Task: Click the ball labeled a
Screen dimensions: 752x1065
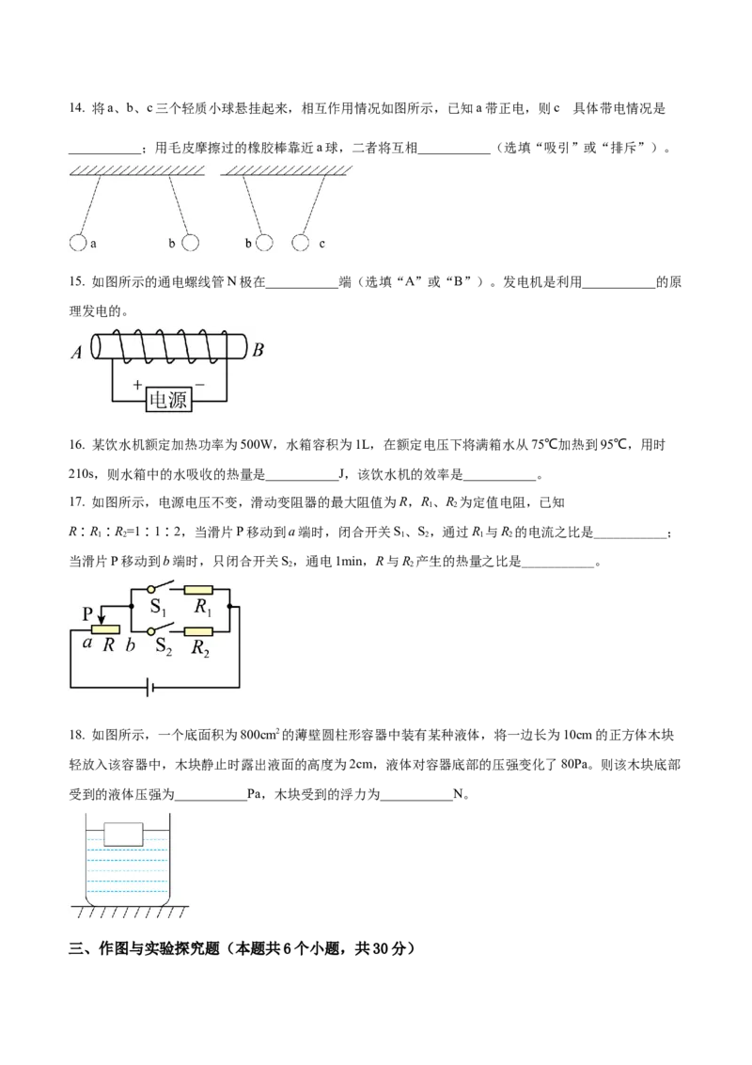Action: pos(77,243)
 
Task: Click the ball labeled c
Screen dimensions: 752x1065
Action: pos(300,243)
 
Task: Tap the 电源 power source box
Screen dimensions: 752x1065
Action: pos(168,399)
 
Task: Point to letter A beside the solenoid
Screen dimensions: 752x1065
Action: pos(77,353)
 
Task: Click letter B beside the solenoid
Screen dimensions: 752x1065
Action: pos(258,351)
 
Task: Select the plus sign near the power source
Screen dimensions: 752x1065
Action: pos(137,385)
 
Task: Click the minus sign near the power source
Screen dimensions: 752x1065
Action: pos(199,385)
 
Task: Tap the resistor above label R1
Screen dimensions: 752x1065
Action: pos(198,590)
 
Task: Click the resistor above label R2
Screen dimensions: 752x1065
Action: pos(198,631)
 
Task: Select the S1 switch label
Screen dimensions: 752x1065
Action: pos(158,608)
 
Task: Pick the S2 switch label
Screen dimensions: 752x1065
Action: pos(164,646)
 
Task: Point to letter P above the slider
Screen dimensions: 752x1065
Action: pos(87,614)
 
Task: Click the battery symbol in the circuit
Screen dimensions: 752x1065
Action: pos(150,688)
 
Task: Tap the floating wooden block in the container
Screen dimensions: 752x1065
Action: pos(123,835)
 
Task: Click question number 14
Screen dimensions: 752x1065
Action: pos(77,109)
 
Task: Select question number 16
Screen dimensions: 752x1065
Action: pos(77,446)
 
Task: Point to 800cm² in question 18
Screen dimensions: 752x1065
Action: pos(260,734)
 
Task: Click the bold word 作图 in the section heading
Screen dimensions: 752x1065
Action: pos(114,949)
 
